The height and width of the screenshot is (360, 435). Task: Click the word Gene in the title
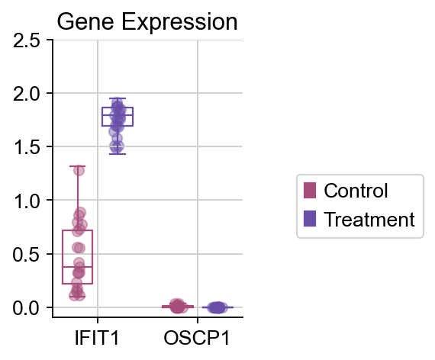[x=85, y=22]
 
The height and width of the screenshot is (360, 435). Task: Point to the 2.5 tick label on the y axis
[x=27, y=41]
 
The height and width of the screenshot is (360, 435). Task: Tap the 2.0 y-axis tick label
[x=27, y=94]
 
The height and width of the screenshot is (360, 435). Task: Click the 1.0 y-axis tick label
[x=27, y=201]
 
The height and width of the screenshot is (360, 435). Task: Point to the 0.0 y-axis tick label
[x=27, y=308]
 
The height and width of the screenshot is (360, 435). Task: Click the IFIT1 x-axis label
[x=97, y=338]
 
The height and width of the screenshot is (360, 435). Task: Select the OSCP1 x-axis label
[x=197, y=338]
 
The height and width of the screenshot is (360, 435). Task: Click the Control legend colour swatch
[x=310, y=190]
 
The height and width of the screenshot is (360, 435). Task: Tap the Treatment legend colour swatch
[x=310, y=219]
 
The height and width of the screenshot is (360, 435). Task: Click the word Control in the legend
[x=356, y=191]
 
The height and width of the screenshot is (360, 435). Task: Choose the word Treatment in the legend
[x=369, y=219]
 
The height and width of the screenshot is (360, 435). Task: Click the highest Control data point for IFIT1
[x=79, y=170]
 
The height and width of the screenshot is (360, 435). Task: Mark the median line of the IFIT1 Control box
[x=77, y=267]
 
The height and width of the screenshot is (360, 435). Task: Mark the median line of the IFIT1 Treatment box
[x=118, y=115]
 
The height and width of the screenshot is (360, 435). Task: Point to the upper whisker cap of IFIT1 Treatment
[x=118, y=98]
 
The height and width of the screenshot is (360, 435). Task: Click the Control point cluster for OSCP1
[x=178, y=306]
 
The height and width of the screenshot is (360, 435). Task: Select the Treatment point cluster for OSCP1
[x=217, y=307]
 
